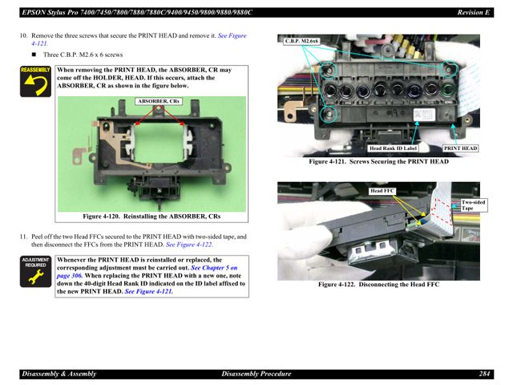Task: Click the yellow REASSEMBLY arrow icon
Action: tap(34, 82)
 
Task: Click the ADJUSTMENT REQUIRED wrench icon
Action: tap(35, 273)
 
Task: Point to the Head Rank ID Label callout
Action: tap(394, 148)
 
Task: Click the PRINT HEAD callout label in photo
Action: tap(461, 148)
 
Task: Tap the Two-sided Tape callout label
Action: tap(473, 205)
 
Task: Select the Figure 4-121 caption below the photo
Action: tap(380, 161)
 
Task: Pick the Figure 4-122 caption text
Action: tap(378, 284)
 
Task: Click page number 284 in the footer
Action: tap(485, 374)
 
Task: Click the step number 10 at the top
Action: tap(23, 36)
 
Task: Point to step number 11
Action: tap(23, 237)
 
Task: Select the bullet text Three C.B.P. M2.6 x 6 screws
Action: tap(83, 55)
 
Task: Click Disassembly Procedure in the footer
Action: tap(256, 374)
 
